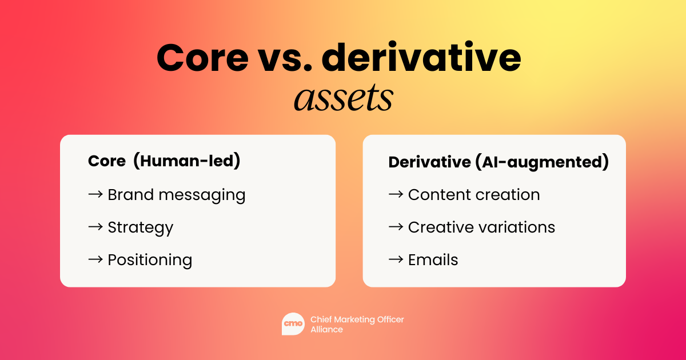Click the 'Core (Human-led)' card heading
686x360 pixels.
pos(164,161)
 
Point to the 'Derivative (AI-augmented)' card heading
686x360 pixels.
pos(498,162)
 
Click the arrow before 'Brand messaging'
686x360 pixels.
pos(95,194)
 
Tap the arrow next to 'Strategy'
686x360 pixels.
pos(95,227)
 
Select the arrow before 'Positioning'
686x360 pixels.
pos(95,259)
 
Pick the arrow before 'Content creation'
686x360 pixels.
pos(396,194)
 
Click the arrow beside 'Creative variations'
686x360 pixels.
pos(396,227)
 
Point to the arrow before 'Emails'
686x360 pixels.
pos(396,259)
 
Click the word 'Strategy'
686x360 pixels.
pos(141,228)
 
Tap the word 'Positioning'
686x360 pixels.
pos(150,261)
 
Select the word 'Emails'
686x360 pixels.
pos(433,260)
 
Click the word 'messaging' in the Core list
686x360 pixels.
pos(202,195)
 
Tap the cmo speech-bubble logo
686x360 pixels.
pos(293,324)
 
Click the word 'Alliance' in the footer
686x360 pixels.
pos(327,329)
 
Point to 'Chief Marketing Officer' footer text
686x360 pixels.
pos(357,319)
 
